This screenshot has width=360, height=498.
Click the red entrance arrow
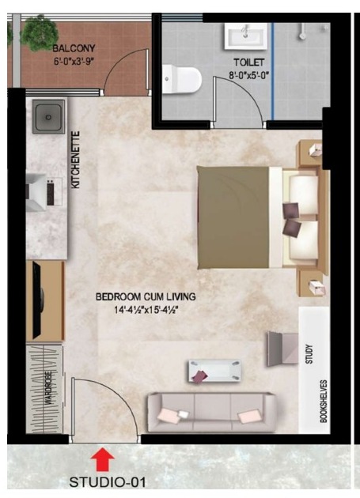[x=102, y=459]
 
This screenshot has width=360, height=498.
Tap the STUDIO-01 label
[x=108, y=482]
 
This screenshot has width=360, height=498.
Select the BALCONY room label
[x=74, y=48]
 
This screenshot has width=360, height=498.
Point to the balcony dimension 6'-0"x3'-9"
[x=74, y=62]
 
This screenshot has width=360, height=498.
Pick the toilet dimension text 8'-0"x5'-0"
[x=249, y=76]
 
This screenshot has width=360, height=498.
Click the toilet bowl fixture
[x=182, y=79]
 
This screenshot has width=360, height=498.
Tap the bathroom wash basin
[x=245, y=36]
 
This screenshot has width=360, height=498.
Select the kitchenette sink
[x=48, y=117]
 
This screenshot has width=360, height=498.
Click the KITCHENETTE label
[x=76, y=160]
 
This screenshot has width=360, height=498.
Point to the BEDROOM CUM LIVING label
[x=146, y=296]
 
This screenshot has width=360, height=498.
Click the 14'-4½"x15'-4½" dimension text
[x=146, y=310]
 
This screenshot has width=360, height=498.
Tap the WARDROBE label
[x=48, y=387]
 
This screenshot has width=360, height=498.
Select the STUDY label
[x=309, y=354]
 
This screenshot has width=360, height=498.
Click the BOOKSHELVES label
[x=323, y=401]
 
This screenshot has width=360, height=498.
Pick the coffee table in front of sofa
[x=214, y=372]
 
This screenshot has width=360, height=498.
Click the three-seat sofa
[x=211, y=413]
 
